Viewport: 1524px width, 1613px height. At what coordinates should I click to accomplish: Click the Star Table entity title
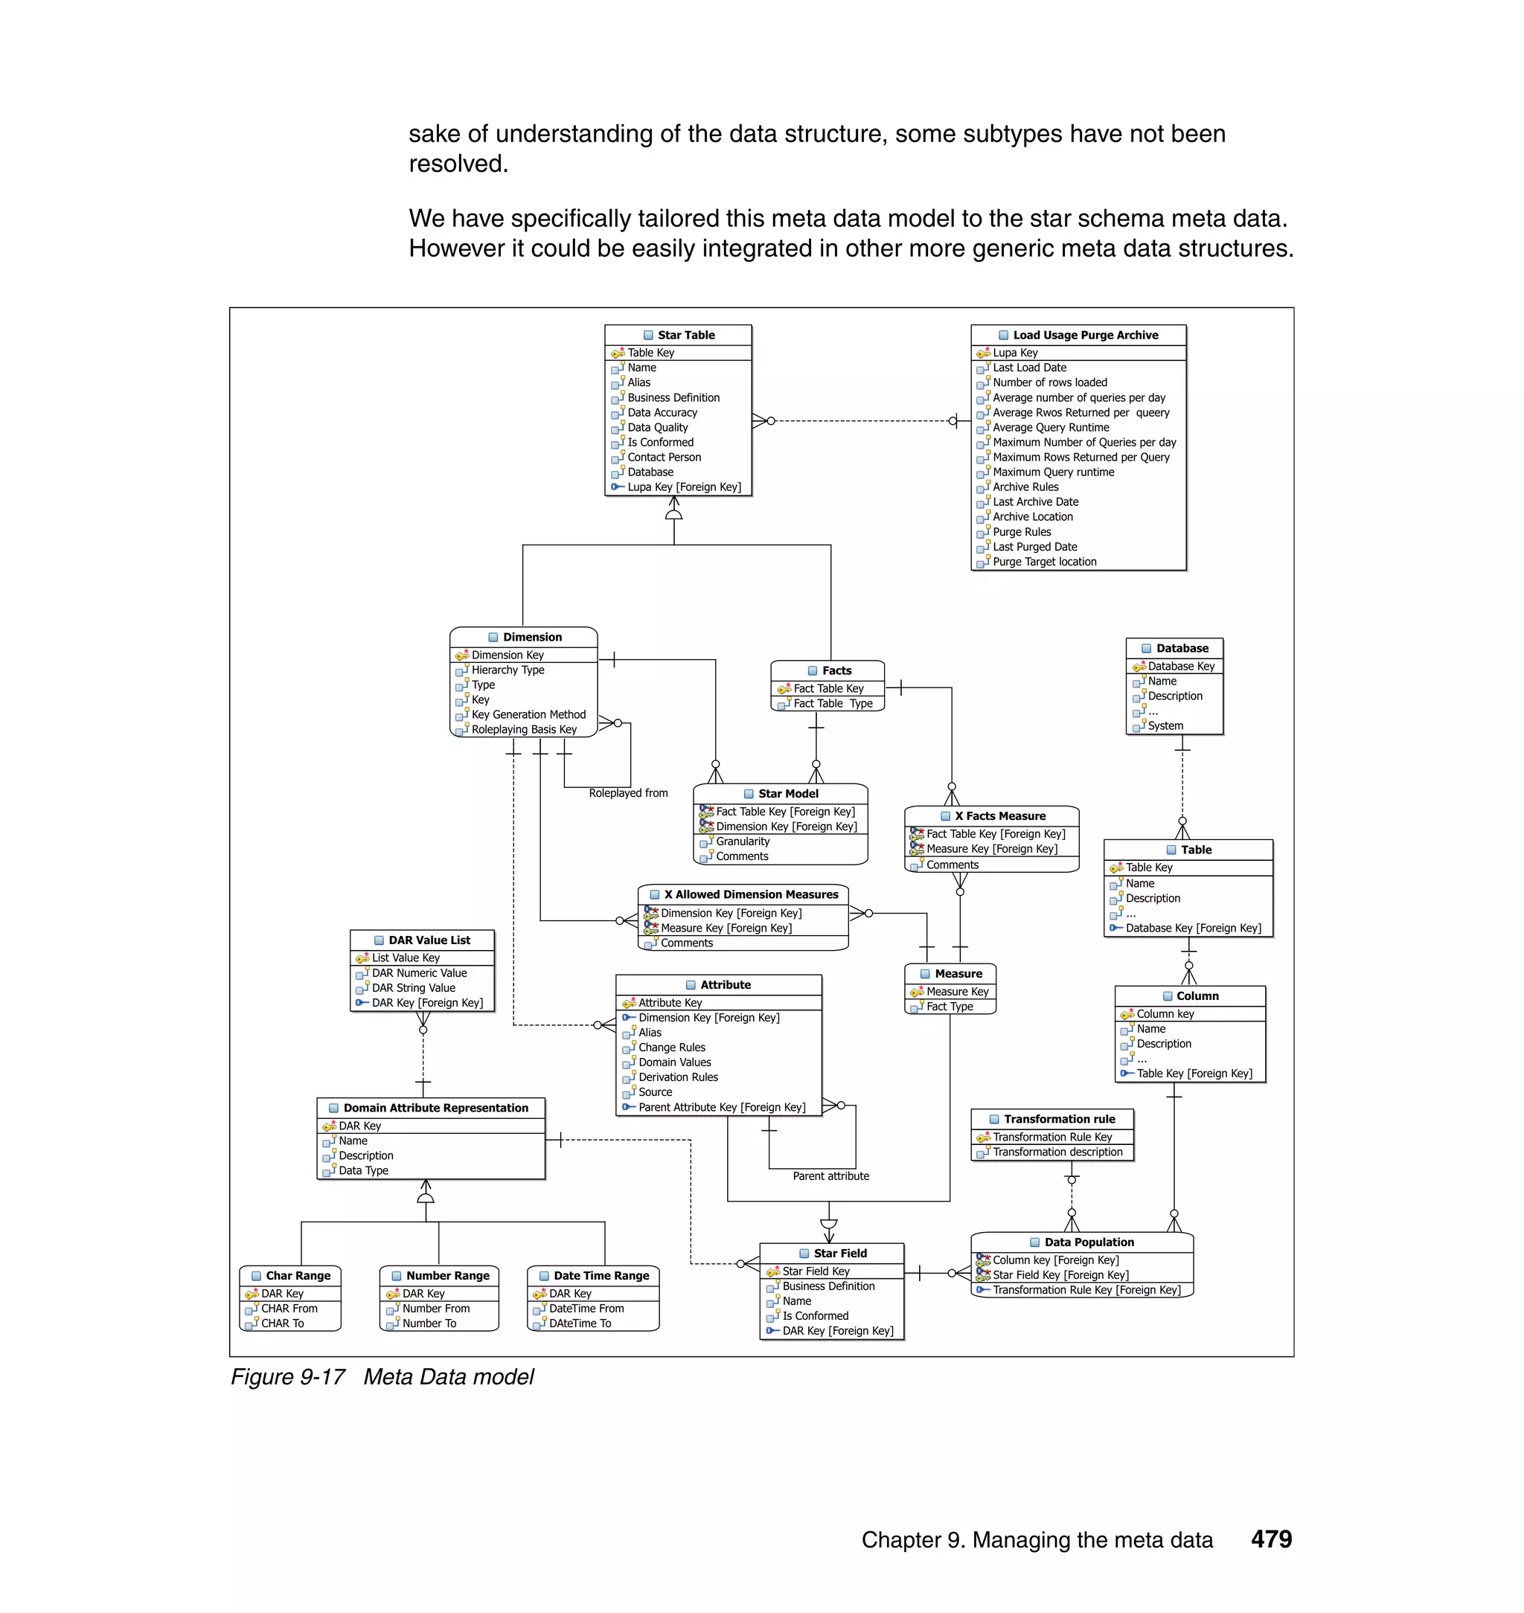(x=685, y=335)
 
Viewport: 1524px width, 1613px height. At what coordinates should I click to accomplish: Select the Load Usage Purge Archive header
(x=1084, y=335)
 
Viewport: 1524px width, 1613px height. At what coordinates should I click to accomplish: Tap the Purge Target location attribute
(x=1044, y=562)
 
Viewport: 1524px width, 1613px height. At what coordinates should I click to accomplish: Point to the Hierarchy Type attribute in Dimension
(x=508, y=670)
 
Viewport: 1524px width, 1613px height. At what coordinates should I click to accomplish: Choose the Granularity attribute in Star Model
(x=743, y=841)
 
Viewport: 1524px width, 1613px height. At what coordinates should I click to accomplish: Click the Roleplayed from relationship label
(x=628, y=792)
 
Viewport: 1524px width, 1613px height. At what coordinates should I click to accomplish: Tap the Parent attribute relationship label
(x=830, y=1176)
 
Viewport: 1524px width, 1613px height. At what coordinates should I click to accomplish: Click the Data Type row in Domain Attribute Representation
(x=363, y=1171)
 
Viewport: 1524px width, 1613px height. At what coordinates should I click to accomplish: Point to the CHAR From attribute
(x=289, y=1309)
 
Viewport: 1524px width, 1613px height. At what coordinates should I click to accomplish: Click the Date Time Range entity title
(x=601, y=1276)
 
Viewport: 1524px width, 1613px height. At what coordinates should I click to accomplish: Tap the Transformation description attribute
(x=1057, y=1152)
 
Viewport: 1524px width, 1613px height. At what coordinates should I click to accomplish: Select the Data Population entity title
(x=1089, y=1242)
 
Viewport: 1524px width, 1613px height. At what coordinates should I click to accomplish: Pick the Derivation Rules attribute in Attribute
(x=679, y=1078)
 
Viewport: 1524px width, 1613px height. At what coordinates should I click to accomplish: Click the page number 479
(x=1270, y=1539)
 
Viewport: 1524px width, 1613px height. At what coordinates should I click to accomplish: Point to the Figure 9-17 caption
(x=382, y=1376)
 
